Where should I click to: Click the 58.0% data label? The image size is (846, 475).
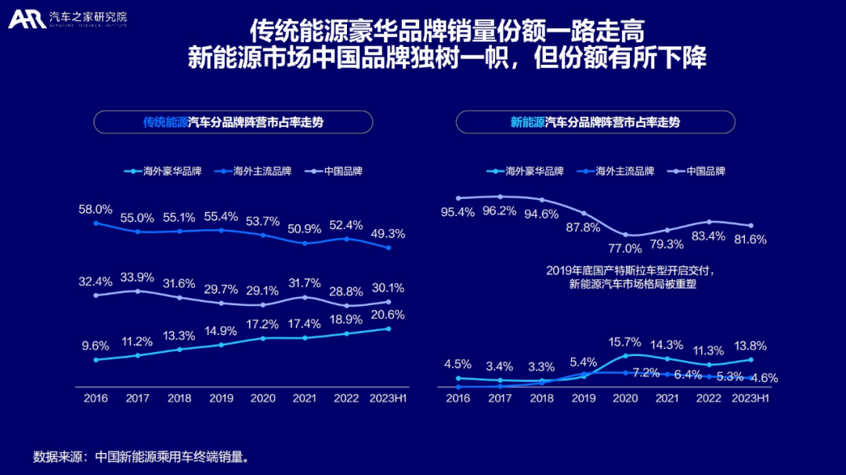coord(96,210)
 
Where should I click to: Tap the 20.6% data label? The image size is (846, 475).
coord(389,315)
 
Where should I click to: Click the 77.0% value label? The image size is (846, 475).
coord(626,247)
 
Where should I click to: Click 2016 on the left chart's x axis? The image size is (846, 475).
coord(96,398)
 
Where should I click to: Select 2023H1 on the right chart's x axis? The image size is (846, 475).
coord(750,398)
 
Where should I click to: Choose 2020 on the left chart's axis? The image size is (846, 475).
coord(263,398)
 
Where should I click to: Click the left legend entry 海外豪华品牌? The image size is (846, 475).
coord(165,171)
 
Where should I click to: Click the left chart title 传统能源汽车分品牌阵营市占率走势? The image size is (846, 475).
coord(233,122)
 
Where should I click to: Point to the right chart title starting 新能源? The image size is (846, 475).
coord(595,122)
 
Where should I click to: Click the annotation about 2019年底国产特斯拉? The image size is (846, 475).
coord(631,277)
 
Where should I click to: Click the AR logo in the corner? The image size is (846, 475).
coord(27,19)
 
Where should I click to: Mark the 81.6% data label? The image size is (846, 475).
coord(750,239)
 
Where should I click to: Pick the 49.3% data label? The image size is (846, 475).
coord(389,233)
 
